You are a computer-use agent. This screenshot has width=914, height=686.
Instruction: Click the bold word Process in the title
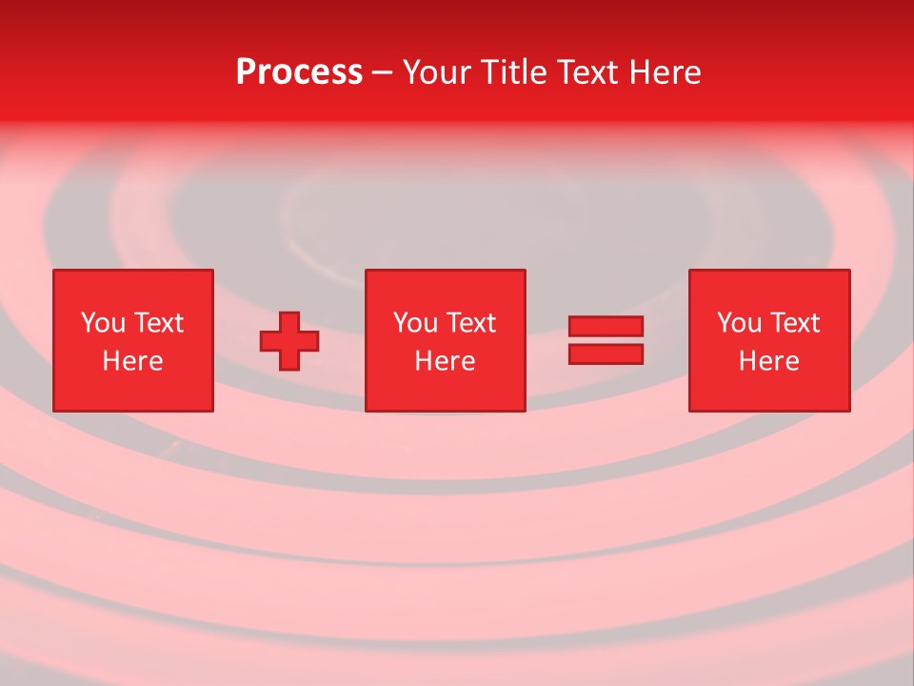click(299, 72)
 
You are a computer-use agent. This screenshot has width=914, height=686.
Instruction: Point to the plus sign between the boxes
click(289, 341)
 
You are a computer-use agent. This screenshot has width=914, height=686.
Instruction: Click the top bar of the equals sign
click(606, 327)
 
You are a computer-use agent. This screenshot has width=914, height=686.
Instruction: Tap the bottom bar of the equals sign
click(606, 353)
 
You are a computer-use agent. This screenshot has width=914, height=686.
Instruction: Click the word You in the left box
click(103, 323)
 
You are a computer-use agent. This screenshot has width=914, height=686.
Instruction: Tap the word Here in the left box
click(132, 361)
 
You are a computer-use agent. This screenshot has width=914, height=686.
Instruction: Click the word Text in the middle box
click(470, 323)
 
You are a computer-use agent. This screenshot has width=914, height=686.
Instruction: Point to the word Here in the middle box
click(445, 361)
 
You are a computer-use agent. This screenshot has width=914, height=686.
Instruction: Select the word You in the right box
click(739, 323)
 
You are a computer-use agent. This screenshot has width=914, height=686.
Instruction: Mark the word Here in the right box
click(768, 361)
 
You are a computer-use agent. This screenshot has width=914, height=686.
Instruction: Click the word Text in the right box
click(794, 323)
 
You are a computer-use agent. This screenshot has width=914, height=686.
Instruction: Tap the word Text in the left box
click(158, 323)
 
